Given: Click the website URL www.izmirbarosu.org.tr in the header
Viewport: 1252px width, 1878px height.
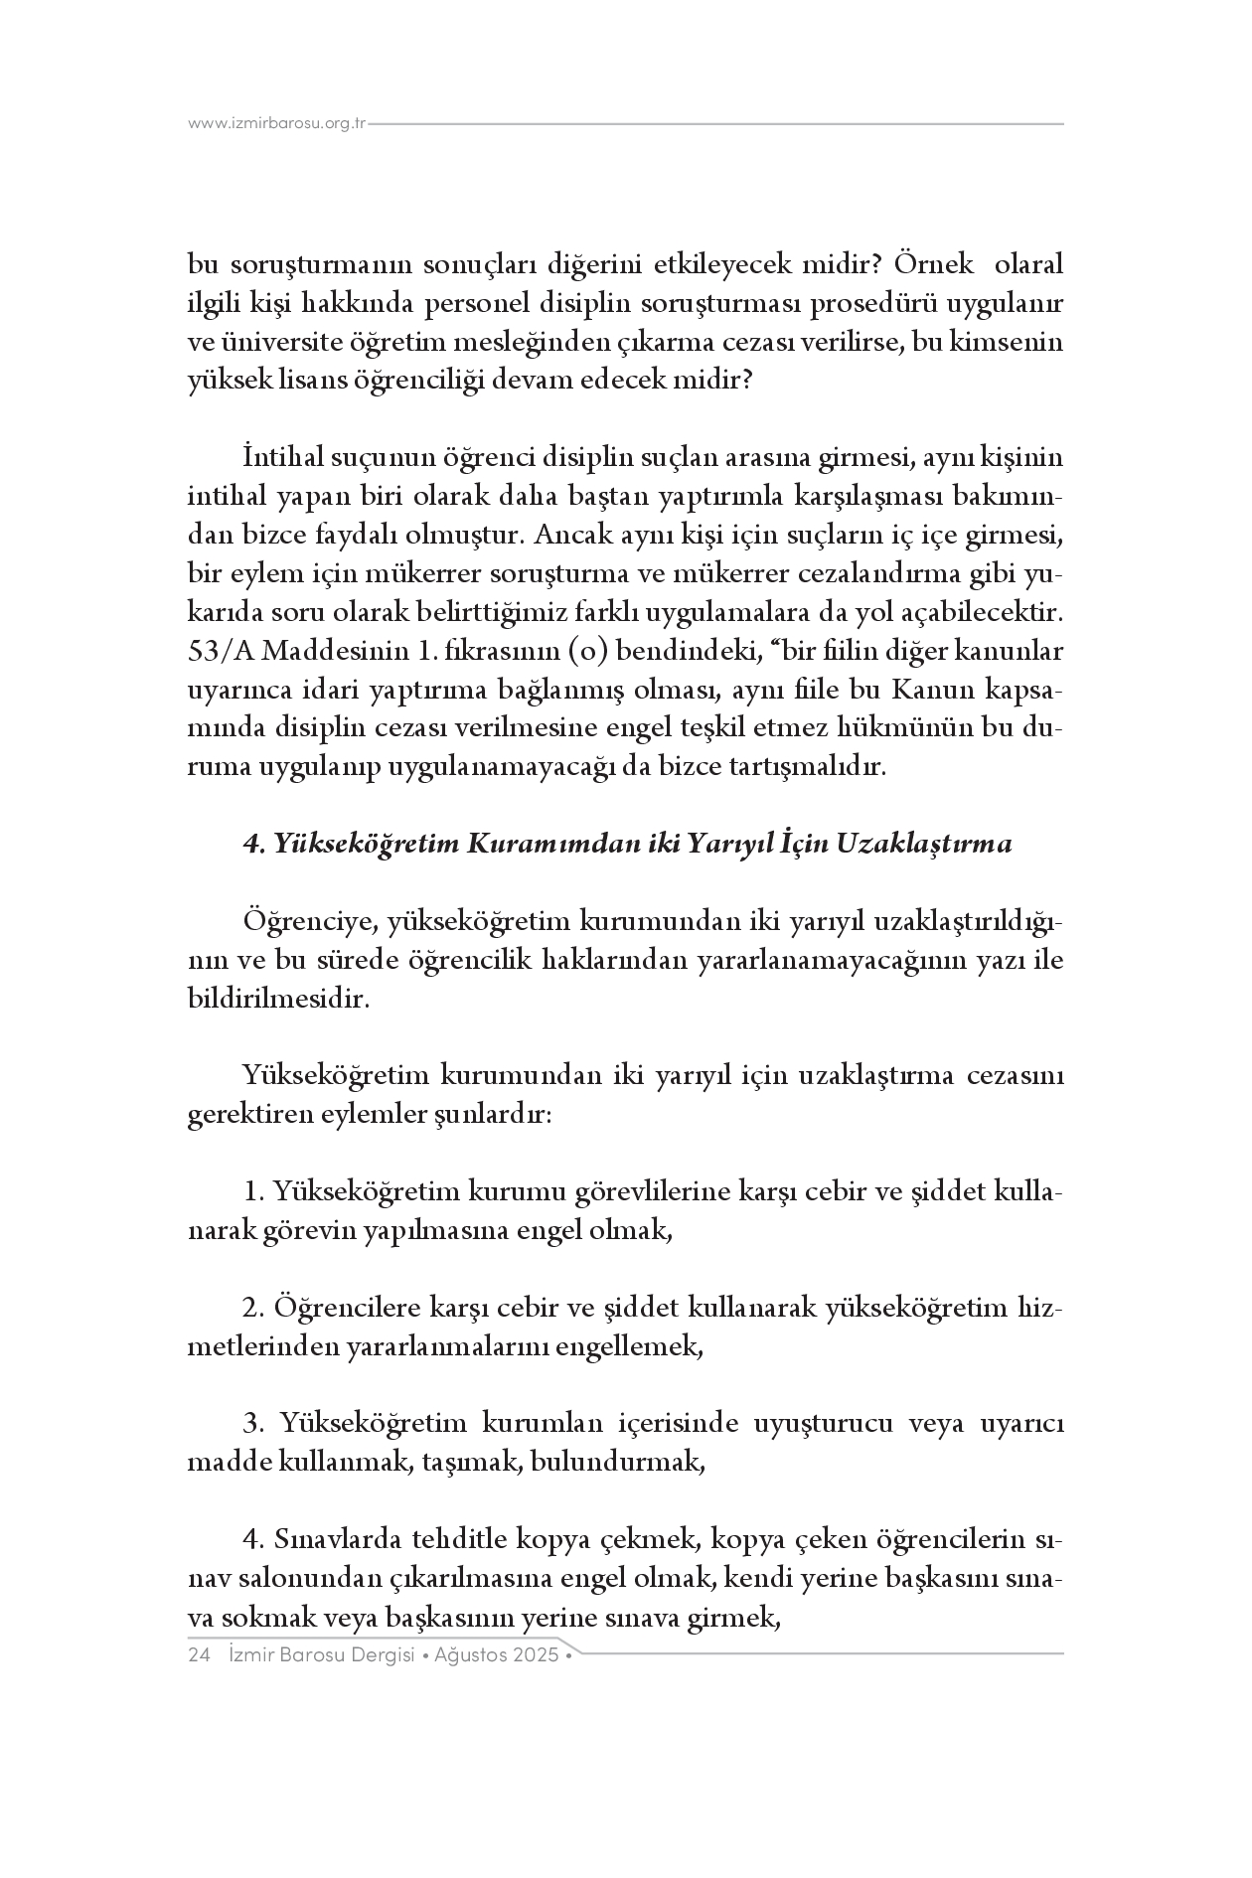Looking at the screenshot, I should tap(277, 124).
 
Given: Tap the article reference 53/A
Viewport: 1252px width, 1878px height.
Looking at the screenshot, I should tap(216, 652).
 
